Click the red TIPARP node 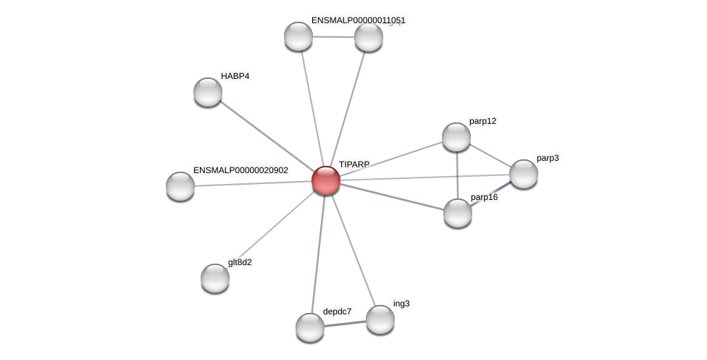click(326, 180)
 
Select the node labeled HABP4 click(208, 92)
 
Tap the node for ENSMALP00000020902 click(180, 186)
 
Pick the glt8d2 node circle click(215, 278)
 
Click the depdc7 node click(310, 327)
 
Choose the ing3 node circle click(380, 319)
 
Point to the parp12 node click(456, 137)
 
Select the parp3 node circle click(524, 174)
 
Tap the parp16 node click(458, 213)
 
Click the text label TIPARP click(354, 164)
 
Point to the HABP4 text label click(235, 76)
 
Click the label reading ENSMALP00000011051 click(358, 20)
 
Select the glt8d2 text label click(240, 262)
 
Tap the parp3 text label click(548, 158)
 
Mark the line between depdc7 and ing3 click(346, 324)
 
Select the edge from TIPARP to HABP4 click(267, 136)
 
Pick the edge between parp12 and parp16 click(457, 175)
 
